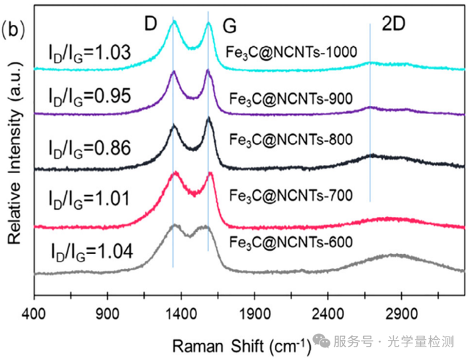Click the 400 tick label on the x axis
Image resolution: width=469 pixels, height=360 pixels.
click(34, 312)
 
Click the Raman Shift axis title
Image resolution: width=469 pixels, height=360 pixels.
click(242, 346)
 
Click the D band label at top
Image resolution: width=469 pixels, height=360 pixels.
click(151, 24)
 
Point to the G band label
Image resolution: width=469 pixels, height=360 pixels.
click(229, 26)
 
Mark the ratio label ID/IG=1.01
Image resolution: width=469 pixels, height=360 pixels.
click(92, 197)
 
